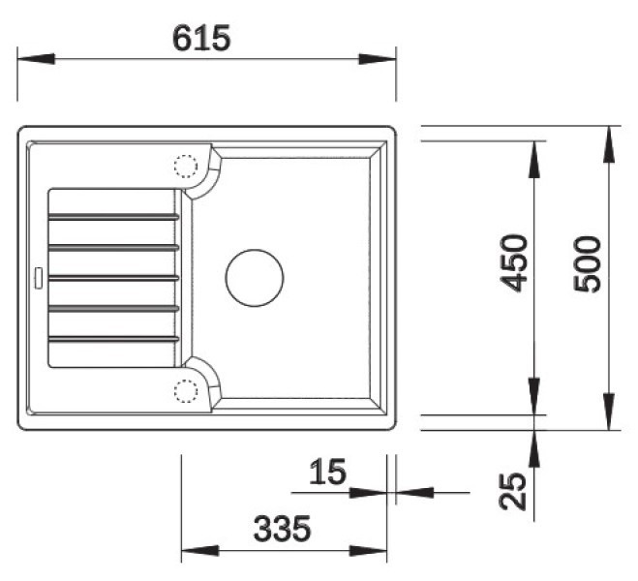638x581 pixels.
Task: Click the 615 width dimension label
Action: click(x=201, y=38)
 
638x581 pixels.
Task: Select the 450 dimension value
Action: click(x=513, y=263)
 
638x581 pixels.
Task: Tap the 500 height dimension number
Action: click(x=587, y=264)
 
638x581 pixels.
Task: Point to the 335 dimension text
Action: click(x=282, y=529)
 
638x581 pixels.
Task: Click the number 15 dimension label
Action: click(x=327, y=472)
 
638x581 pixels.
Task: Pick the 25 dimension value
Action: click(x=513, y=492)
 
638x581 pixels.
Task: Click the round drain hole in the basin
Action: click(x=255, y=278)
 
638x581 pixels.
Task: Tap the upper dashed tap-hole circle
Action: click(x=186, y=167)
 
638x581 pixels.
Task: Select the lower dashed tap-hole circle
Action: click(x=186, y=391)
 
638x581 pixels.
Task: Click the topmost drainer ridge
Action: click(x=113, y=217)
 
